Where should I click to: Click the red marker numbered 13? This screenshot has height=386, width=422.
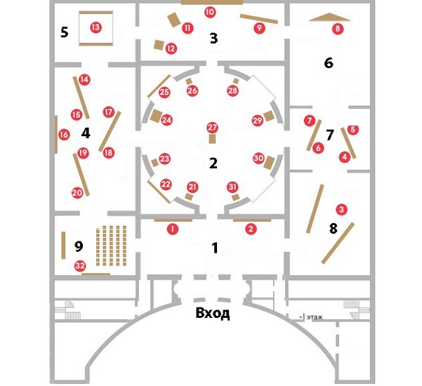click(x=95, y=28)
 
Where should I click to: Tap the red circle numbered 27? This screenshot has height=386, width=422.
click(x=212, y=127)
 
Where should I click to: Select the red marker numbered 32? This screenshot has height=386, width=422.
click(x=80, y=266)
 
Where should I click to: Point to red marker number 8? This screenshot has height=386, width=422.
click(x=338, y=29)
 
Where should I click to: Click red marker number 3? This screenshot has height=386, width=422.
click(x=341, y=209)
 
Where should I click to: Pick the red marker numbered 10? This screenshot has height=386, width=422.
click(x=210, y=13)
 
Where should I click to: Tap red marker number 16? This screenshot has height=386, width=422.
click(x=64, y=135)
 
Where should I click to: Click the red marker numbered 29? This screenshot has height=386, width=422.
click(x=257, y=120)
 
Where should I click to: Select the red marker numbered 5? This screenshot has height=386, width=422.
click(x=352, y=130)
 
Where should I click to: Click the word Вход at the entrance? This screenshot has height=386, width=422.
click(x=212, y=313)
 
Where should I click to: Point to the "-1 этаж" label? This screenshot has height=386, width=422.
click(x=314, y=317)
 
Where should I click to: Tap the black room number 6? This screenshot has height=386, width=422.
click(x=328, y=63)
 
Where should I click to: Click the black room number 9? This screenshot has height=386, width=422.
click(x=79, y=246)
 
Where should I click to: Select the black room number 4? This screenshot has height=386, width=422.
click(x=86, y=132)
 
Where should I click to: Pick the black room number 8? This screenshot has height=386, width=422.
click(x=333, y=229)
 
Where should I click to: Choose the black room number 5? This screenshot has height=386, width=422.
click(x=64, y=32)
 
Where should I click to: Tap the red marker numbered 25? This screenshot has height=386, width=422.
click(x=165, y=92)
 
